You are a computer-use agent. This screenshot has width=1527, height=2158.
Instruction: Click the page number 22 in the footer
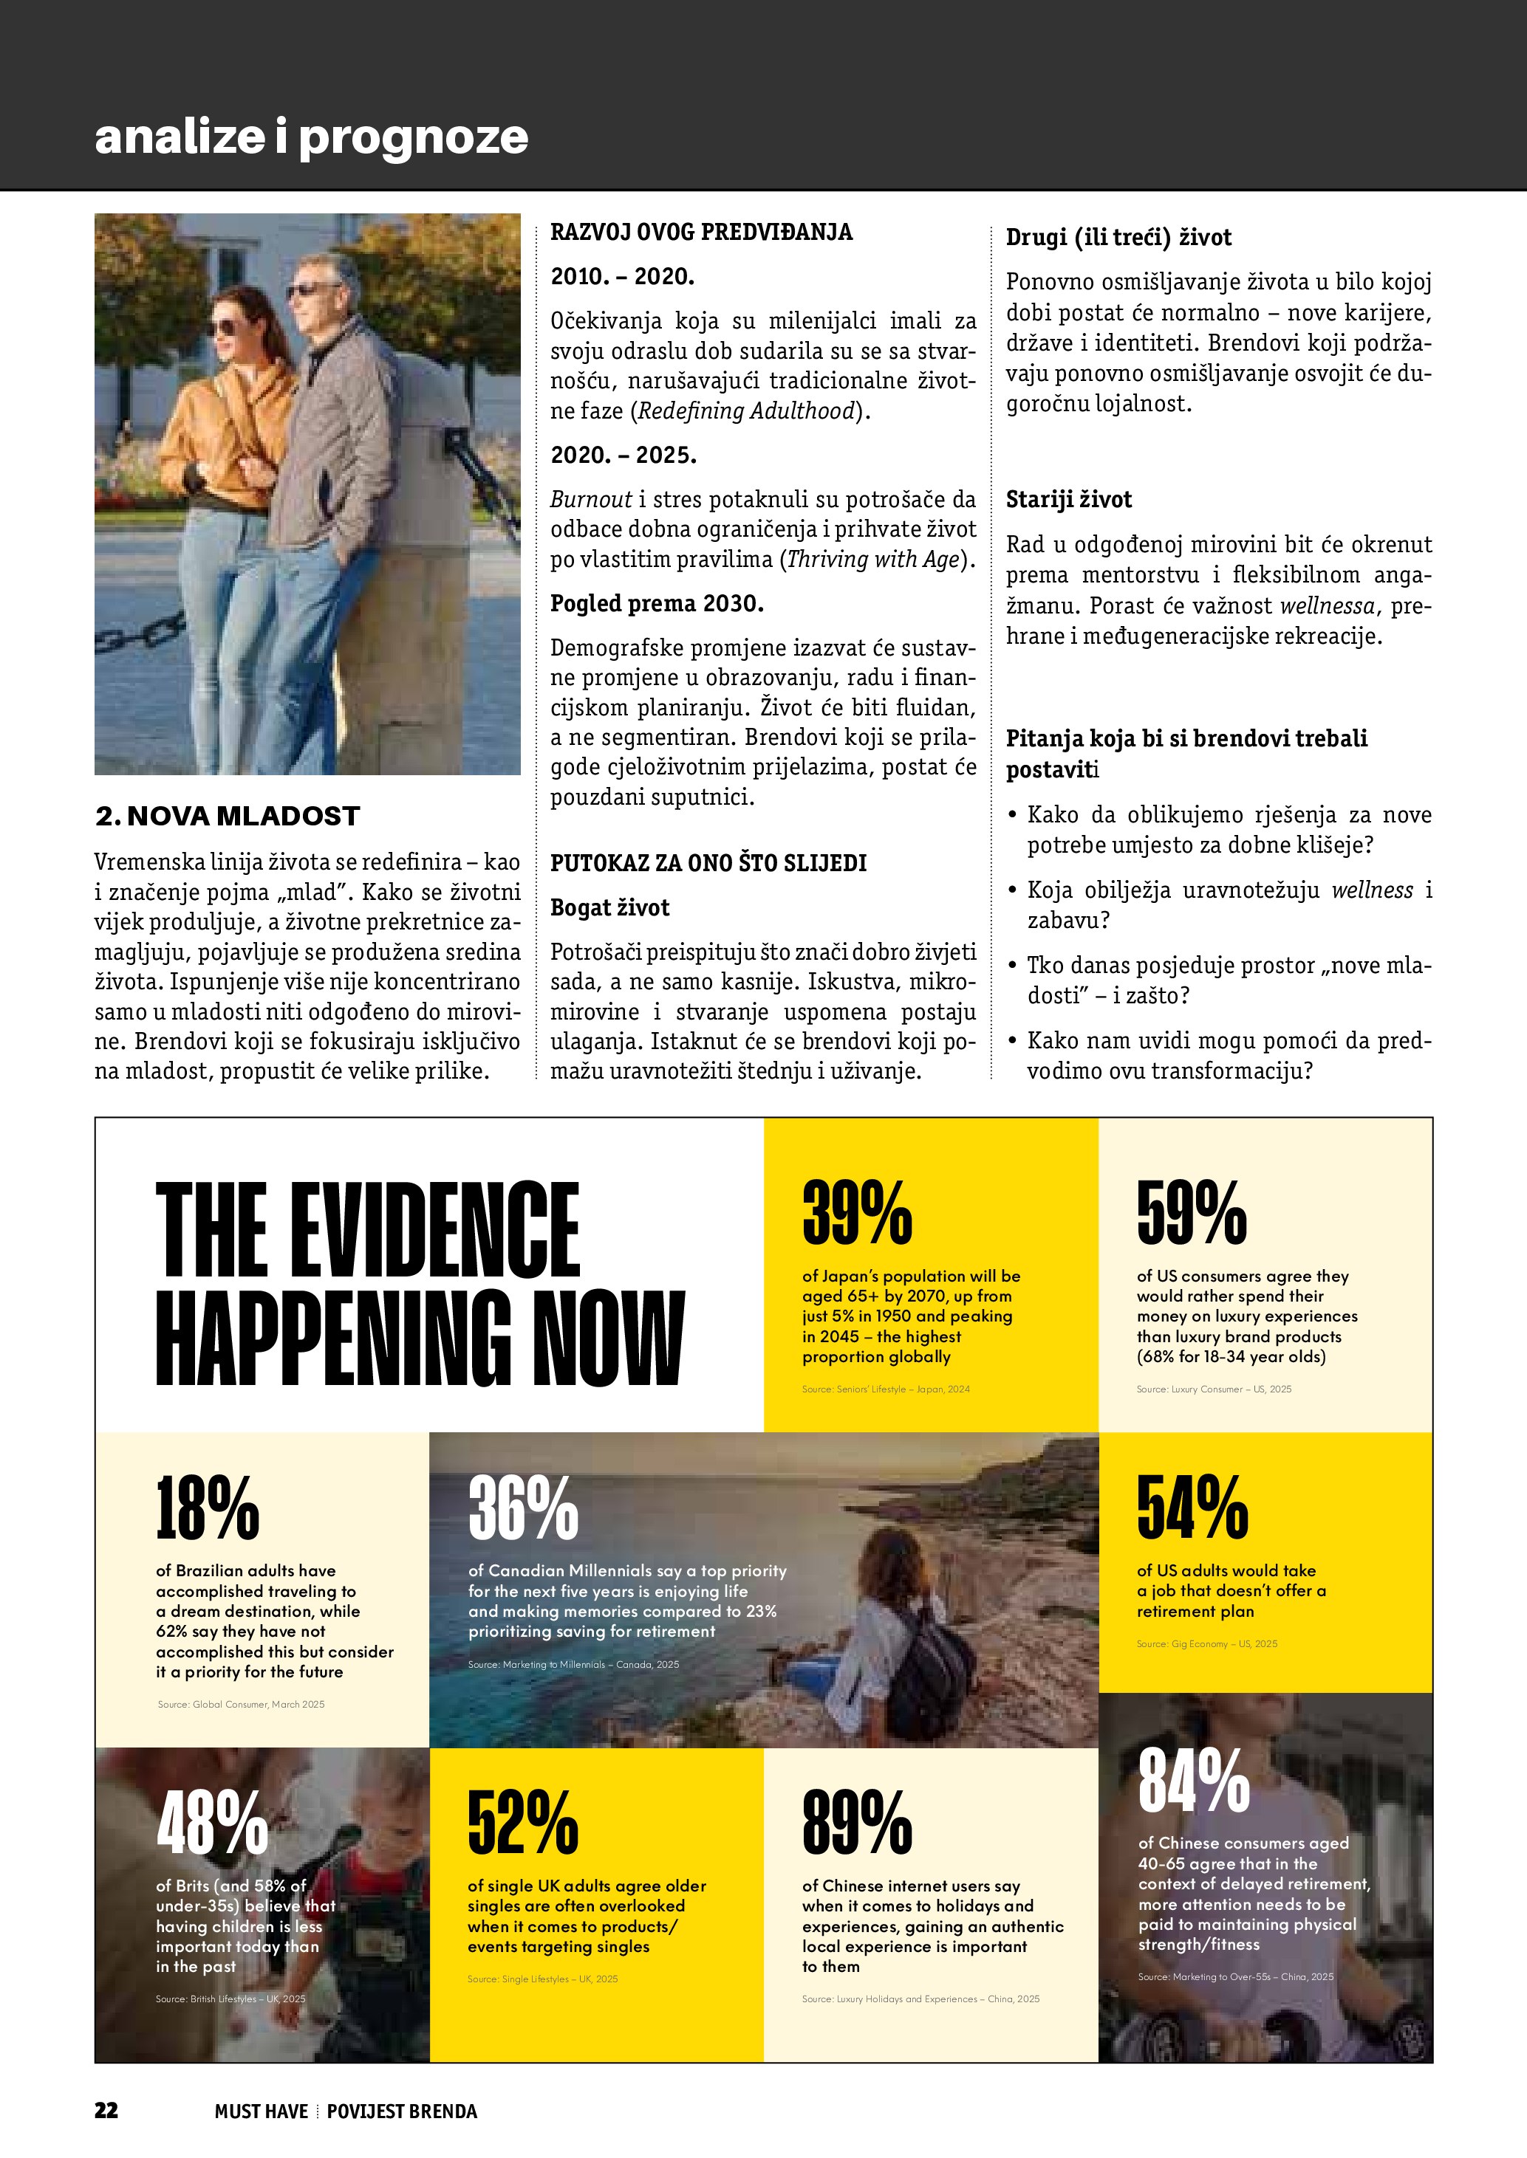(x=106, y=2110)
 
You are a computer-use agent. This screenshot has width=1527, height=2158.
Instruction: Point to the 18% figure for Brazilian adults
(x=207, y=1508)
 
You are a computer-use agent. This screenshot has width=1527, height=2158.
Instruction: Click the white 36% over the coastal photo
(x=523, y=1508)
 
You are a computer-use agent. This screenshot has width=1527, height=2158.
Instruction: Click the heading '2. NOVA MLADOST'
(x=228, y=816)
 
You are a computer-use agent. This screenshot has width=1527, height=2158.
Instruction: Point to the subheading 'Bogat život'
(x=609, y=908)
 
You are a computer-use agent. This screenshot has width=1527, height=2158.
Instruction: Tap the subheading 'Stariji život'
(x=1068, y=499)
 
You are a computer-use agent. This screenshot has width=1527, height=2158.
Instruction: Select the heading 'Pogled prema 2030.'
(x=656, y=603)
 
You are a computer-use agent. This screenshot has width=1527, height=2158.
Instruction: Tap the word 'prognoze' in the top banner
(x=414, y=137)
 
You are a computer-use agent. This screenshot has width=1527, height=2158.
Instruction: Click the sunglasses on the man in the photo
(x=313, y=289)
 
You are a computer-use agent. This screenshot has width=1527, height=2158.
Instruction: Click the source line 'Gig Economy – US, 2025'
(x=1206, y=1644)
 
